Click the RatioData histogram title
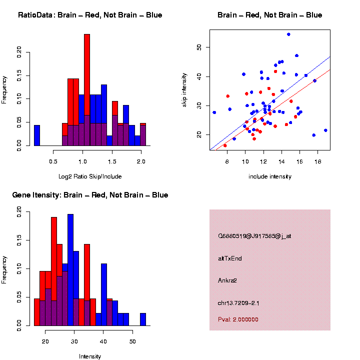tap(90, 15)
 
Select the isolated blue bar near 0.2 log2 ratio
tap(37, 135)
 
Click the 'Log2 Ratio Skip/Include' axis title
tap(90, 176)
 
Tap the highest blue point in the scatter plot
tap(288, 34)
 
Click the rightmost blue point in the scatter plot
tap(325, 130)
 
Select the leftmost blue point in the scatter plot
tap(214, 112)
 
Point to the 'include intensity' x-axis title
tap(270, 176)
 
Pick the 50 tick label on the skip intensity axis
tap(199, 47)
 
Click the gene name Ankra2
tap(227, 280)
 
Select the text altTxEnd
tap(230, 258)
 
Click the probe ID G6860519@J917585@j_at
tap(254, 236)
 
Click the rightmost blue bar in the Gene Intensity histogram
tap(143, 319)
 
